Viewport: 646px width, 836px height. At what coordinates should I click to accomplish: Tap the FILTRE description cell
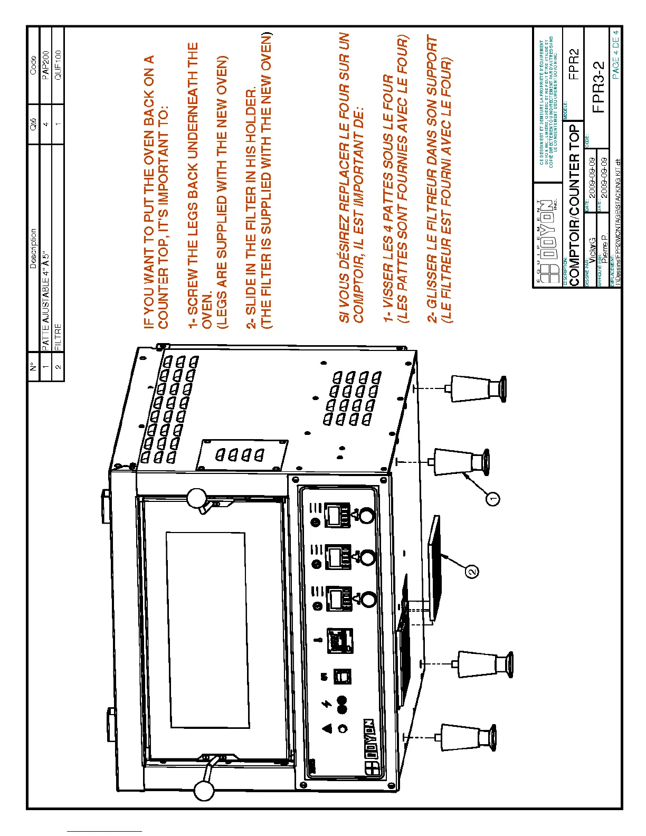58,335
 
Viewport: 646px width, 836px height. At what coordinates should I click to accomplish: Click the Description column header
34,248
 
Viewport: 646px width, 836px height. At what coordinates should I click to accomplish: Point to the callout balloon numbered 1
492,498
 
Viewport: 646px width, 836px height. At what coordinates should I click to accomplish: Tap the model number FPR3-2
598,87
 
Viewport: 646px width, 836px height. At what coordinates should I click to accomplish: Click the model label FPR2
574,64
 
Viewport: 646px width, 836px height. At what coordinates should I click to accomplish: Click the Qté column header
34,124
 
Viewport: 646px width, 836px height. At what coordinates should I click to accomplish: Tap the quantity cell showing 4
46,124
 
